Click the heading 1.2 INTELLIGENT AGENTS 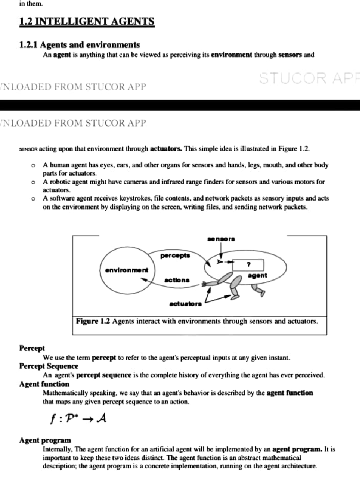click(x=87, y=22)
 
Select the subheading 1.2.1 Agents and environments click(x=79, y=45)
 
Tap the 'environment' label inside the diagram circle click(x=127, y=270)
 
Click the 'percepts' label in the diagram click(x=175, y=256)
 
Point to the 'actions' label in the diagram click(x=177, y=280)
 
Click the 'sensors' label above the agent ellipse click(x=221, y=239)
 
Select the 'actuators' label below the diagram click(x=185, y=304)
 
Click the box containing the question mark click(x=248, y=265)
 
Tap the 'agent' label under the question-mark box click(x=257, y=275)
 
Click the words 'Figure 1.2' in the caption click(x=93, y=321)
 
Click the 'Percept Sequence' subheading click(x=49, y=366)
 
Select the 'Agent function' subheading click(x=44, y=384)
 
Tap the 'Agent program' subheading click(x=45, y=440)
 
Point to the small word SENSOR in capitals click(x=28, y=149)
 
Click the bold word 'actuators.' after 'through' click(x=166, y=149)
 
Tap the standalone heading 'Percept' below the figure click(x=32, y=348)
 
